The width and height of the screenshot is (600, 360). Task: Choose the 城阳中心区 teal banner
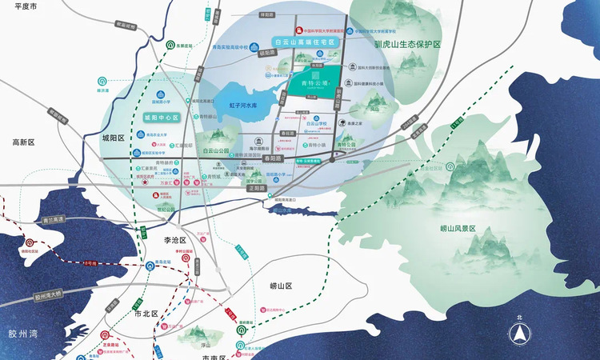point(161,117)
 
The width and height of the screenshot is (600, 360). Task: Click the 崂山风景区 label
point(458,229)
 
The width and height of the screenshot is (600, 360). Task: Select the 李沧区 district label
point(174,240)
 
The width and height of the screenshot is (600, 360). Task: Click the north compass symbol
point(519,335)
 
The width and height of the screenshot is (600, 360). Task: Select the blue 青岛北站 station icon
point(150,266)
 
